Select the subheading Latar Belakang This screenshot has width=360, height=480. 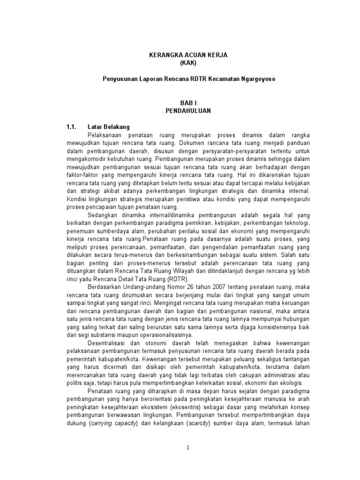click(x=109, y=127)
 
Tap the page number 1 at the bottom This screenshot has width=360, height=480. click(x=187, y=448)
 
